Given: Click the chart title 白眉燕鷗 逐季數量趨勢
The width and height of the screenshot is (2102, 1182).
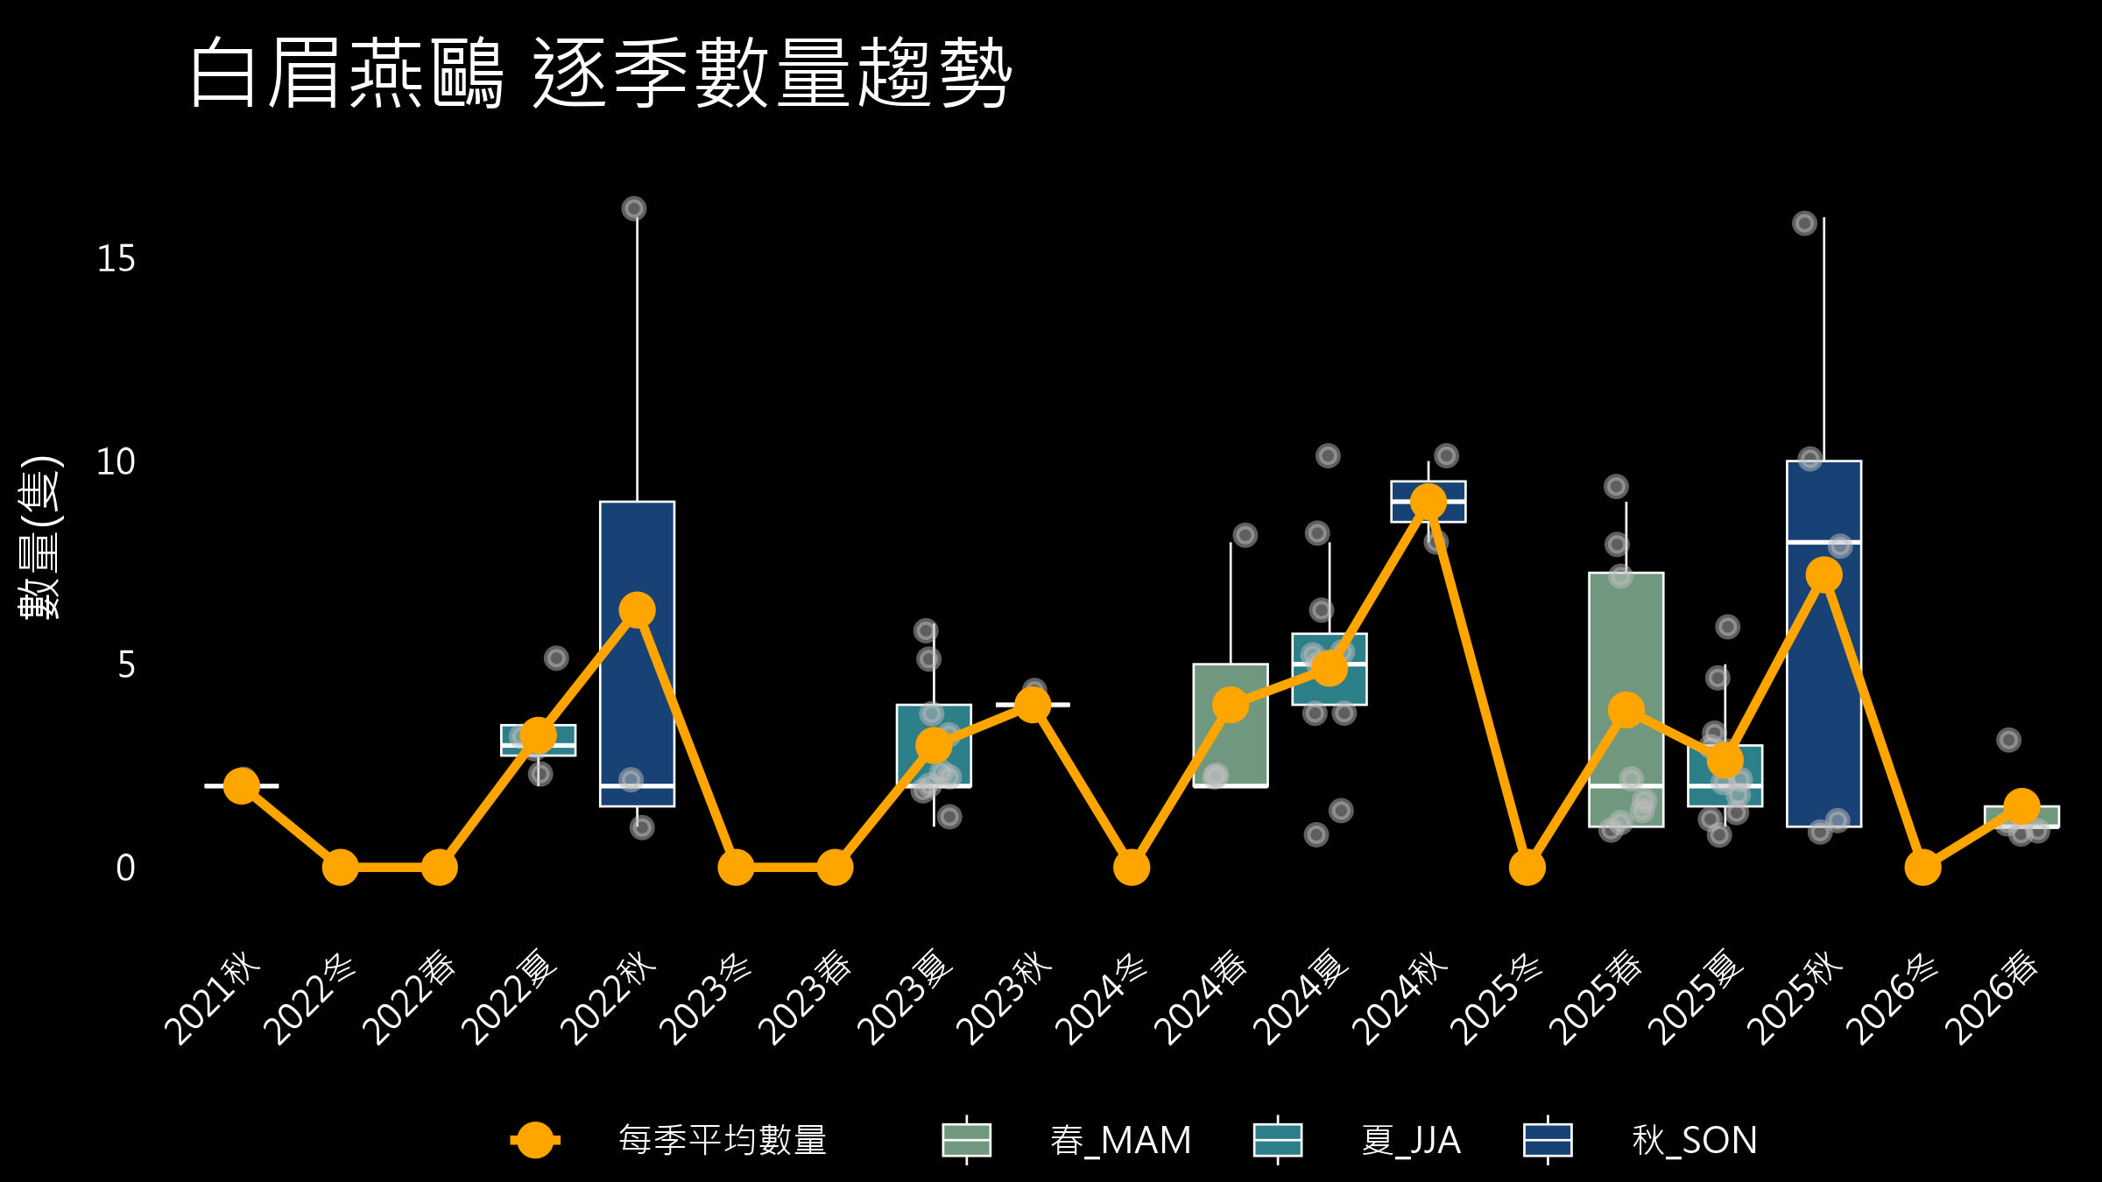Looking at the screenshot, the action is pyautogui.click(x=601, y=74).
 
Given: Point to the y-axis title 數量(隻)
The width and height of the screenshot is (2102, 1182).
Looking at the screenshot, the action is pyautogui.click(x=40, y=538).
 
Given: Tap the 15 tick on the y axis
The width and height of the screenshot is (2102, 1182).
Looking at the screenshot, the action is pyautogui.click(x=116, y=259).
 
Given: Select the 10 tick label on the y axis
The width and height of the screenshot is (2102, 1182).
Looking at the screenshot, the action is pyautogui.click(x=116, y=462).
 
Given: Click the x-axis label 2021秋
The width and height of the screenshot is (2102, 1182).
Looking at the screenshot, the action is pyautogui.click(x=213, y=998).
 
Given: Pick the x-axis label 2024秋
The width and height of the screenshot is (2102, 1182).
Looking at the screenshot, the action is pyautogui.click(x=1400, y=998).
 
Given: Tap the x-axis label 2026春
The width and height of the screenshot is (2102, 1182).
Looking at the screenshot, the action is pyautogui.click(x=1993, y=998).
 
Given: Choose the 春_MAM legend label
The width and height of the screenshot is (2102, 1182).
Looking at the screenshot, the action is pyautogui.click(x=1121, y=1140).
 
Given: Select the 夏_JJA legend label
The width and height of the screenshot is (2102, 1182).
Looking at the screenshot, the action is pyautogui.click(x=1411, y=1140).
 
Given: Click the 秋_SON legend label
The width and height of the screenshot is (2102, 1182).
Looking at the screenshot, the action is pyautogui.click(x=1695, y=1140).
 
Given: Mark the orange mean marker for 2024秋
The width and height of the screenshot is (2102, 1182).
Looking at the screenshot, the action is pyautogui.click(x=1428, y=502).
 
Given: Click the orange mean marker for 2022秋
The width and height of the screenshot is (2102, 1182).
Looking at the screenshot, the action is pyautogui.click(x=637, y=609).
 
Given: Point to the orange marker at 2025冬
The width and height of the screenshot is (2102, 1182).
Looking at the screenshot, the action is pyautogui.click(x=1527, y=868).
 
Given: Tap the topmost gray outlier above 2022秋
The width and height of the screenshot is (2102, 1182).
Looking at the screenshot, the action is pyautogui.click(x=634, y=208).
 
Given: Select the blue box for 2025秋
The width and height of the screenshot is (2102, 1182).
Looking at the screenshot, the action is pyautogui.click(x=1824, y=644).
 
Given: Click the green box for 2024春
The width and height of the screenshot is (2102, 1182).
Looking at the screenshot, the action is pyautogui.click(x=1231, y=725).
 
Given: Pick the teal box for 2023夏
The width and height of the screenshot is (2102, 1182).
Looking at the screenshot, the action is pyautogui.click(x=934, y=746).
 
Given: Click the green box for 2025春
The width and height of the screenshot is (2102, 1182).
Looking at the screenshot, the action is pyautogui.click(x=1626, y=700).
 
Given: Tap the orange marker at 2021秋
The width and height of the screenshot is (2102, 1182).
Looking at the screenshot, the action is pyautogui.click(x=242, y=785).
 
